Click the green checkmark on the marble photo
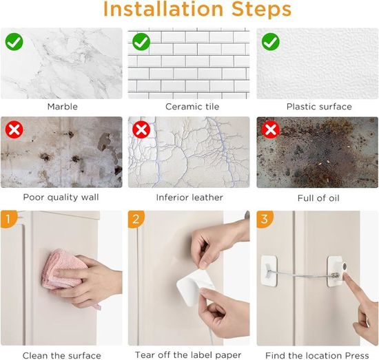14,42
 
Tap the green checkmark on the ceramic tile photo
141,42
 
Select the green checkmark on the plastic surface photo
271,42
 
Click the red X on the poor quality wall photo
14,129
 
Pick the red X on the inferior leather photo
141,129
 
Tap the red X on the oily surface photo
271,129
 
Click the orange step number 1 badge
8,219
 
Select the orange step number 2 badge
136,219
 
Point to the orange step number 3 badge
265,219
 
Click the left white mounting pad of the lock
269,271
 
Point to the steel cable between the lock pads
302,275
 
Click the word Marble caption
63,107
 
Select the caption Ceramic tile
192,107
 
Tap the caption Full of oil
318,198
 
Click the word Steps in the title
261,10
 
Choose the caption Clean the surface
61,355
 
